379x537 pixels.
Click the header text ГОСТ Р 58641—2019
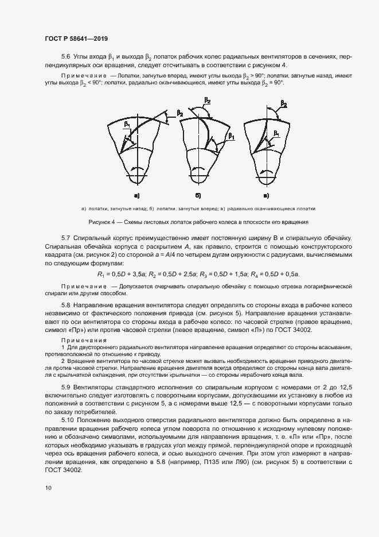tap(76, 38)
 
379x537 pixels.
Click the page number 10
tap(48, 488)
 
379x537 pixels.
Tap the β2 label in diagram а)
tap(180, 114)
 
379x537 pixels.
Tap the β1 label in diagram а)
tap(127, 124)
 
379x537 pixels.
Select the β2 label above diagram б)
tap(207, 101)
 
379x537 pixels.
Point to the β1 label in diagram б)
tap(232, 136)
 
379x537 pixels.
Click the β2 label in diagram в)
tap(283, 105)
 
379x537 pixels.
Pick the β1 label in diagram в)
tap(276, 133)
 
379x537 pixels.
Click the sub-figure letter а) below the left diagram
tap(137, 195)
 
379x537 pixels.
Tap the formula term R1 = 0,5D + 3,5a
tap(120, 274)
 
